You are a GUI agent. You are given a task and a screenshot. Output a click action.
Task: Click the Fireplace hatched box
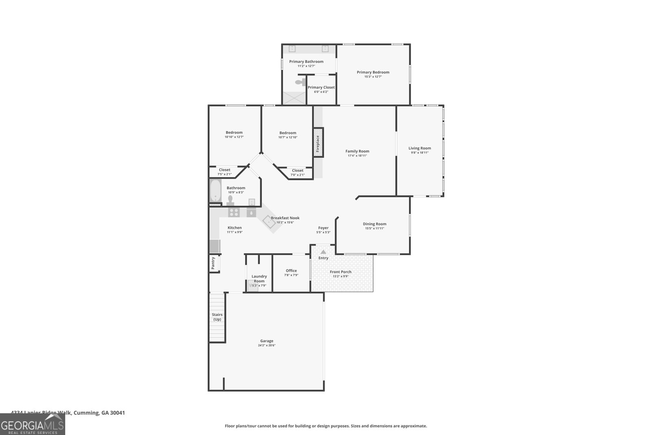tap(318, 142)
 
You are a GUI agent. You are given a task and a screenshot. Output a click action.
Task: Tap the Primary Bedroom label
tap(373, 72)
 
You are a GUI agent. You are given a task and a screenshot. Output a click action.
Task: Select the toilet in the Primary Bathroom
tap(300, 82)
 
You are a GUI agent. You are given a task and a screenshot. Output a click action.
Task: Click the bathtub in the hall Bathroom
tap(215, 191)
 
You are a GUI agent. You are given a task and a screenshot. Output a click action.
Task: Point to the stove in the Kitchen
tap(234, 212)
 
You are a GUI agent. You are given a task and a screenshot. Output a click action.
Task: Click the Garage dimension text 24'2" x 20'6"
tap(267, 345)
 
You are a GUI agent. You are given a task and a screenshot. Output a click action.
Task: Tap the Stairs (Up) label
tap(217, 317)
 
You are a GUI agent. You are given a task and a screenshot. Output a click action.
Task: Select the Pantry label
tap(213, 263)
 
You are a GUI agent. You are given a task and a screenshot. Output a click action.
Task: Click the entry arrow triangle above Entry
tap(323, 252)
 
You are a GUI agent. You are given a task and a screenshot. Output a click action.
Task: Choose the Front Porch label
tap(341, 272)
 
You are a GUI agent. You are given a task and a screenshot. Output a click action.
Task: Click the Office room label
tap(291, 271)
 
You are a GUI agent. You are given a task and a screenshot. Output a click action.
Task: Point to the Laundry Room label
tap(259, 278)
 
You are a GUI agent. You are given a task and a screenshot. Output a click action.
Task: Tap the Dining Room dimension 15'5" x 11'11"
tap(374, 229)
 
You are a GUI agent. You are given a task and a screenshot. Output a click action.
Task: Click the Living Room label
tap(420, 148)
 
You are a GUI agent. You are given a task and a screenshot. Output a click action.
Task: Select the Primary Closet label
tap(321, 87)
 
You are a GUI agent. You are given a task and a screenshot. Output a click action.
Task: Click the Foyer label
tap(323, 228)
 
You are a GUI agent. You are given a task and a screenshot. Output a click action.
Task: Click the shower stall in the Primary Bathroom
tap(294, 98)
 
